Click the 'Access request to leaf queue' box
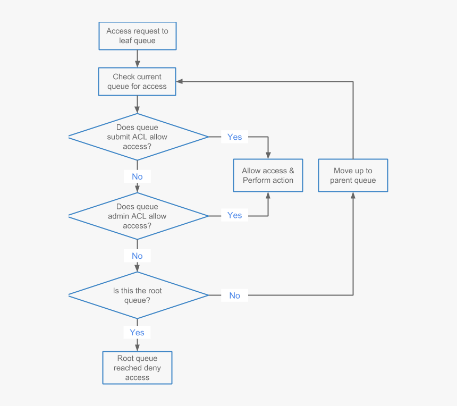(137, 36)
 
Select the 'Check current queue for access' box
(137, 81)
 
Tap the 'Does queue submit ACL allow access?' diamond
(137, 137)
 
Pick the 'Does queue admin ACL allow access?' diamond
(137, 216)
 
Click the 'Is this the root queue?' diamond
(137, 295)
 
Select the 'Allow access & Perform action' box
(268, 175)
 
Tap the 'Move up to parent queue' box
(353, 175)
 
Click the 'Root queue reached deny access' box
(137, 368)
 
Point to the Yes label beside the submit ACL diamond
(234, 137)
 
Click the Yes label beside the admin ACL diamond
(234, 215)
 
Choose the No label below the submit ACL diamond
(137, 176)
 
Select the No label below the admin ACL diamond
(137, 256)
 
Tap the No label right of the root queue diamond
(234, 295)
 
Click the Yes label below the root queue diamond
(137, 333)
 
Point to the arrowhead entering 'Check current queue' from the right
(180, 81)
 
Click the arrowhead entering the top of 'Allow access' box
(268, 155)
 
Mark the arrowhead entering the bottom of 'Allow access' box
(268, 196)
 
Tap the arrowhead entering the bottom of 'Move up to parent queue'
(353, 196)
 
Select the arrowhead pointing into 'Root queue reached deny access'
(137, 348)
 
